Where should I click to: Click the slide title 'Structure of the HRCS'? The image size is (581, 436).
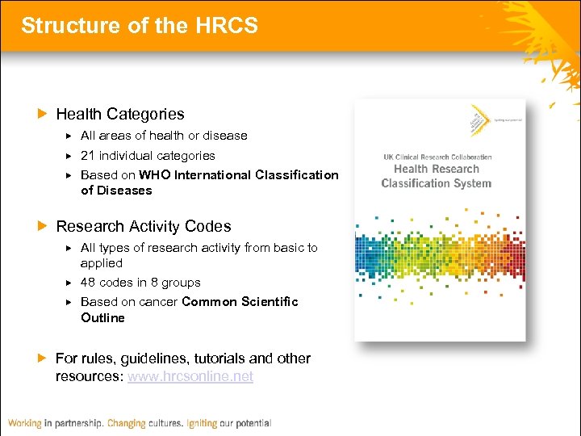click(140, 26)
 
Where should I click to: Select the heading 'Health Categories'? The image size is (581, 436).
click(119, 115)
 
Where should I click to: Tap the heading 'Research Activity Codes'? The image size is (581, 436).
click(143, 227)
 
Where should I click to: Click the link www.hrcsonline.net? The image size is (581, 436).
click(190, 377)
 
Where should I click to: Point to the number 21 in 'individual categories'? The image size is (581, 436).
click(88, 156)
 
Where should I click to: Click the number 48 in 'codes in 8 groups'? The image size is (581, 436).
click(88, 283)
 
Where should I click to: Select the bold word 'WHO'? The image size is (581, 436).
click(154, 175)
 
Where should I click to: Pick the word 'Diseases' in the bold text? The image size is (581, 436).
click(124, 191)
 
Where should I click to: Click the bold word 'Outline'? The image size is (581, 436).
click(102, 318)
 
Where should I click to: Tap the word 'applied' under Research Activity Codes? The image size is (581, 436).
click(102, 263)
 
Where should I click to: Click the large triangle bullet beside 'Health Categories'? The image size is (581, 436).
click(44, 115)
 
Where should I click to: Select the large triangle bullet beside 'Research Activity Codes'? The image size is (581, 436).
click(44, 227)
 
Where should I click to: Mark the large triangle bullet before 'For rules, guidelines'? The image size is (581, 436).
click(44, 358)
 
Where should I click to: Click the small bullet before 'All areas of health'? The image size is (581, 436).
click(69, 136)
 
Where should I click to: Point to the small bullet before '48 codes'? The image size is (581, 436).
click(69, 283)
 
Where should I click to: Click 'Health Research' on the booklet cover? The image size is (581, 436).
click(436, 170)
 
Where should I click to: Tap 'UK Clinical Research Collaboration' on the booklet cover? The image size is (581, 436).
click(437, 157)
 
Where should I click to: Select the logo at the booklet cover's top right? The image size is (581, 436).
click(481, 119)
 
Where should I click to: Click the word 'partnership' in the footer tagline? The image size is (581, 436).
click(85, 423)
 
